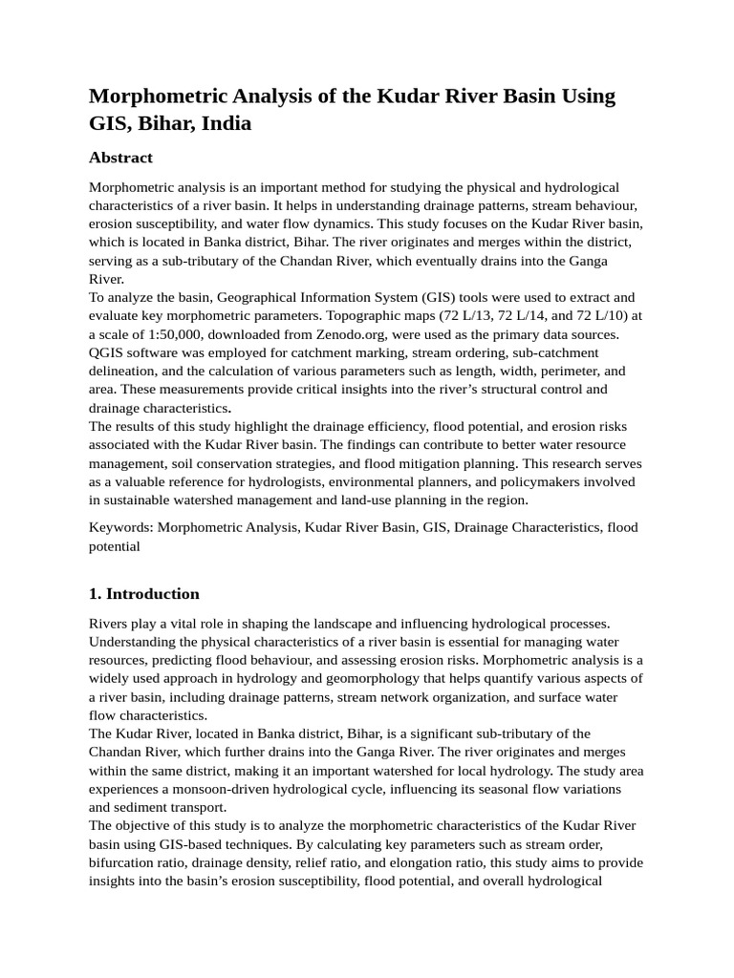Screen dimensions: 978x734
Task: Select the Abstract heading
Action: tap(120, 158)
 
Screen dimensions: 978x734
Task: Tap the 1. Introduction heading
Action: tap(144, 594)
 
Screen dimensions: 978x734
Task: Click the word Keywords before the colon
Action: tap(120, 527)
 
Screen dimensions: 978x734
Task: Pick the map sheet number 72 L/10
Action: tap(588, 316)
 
